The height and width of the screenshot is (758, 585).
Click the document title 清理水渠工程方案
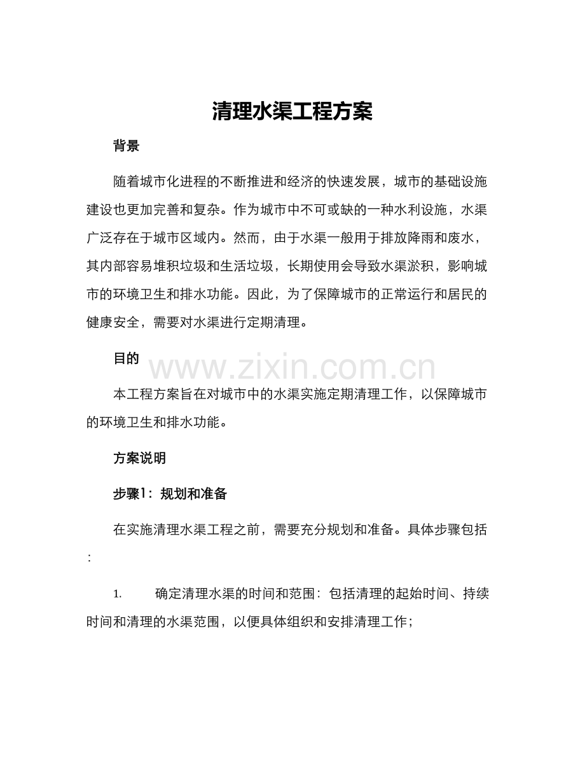point(292,112)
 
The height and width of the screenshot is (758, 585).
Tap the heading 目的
point(126,358)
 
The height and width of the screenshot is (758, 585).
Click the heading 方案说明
point(140,458)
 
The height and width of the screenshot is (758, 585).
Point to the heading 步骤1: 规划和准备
point(170,493)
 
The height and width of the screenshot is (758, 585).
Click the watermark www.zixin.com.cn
point(292,368)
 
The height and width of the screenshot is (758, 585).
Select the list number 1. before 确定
point(118,594)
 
